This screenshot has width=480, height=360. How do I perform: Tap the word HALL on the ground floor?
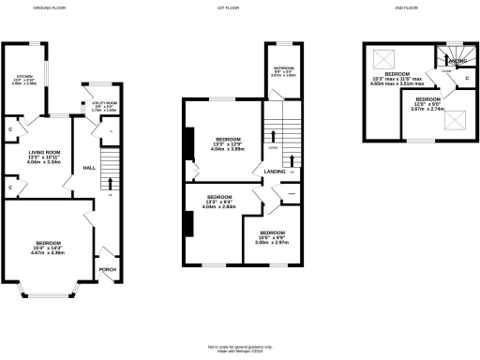(89, 168)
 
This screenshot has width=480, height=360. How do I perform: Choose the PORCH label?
(108, 270)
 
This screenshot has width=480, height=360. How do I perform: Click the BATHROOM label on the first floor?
(285, 70)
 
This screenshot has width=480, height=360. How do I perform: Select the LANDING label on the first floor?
(276, 172)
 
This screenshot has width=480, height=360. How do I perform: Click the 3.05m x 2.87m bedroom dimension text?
(273, 242)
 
